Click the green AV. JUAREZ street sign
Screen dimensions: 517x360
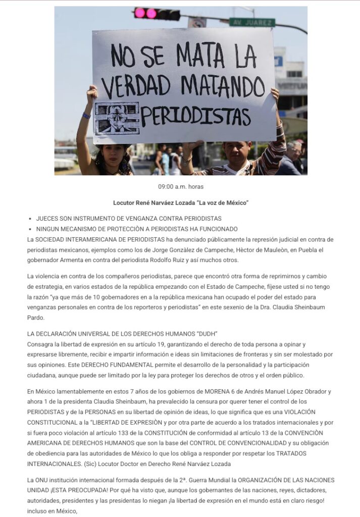click(252, 22)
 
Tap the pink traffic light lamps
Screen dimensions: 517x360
click(145, 13)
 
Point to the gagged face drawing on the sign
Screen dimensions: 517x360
click(117, 118)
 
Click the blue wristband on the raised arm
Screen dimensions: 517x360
click(86, 116)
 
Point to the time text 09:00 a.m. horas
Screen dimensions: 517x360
click(181, 187)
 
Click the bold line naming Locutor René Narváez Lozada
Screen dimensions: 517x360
click(181, 203)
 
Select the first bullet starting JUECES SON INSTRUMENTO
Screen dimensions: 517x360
click(129, 219)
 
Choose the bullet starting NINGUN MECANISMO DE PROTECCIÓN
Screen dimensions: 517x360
click(137, 229)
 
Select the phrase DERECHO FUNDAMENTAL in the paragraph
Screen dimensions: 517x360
click(85, 365)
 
